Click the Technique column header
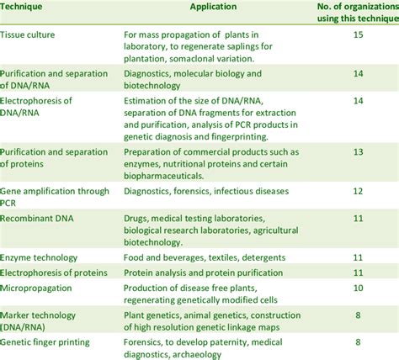coord(21,7)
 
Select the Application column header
coord(213,7)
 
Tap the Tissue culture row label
coord(28,34)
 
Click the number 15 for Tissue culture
coord(358,34)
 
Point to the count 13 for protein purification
coord(358,152)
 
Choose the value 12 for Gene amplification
coord(358,191)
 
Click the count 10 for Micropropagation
coord(358,288)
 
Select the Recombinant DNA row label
coord(37,219)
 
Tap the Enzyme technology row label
coord(39,258)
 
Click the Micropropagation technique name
coord(36,289)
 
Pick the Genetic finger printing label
coord(45,342)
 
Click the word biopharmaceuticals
coord(164,176)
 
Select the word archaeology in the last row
coord(197,355)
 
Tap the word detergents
coord(263,258)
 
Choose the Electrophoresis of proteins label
coord(54,273)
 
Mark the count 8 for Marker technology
coord(358,315)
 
